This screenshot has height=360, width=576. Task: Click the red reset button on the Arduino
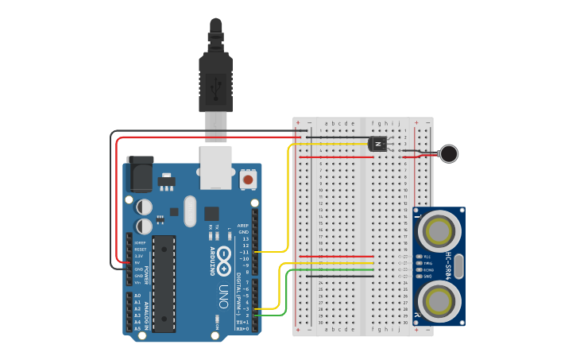[248, 180]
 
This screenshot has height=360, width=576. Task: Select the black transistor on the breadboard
[379, 144]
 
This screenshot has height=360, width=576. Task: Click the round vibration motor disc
[450, 153]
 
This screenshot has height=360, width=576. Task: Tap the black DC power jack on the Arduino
[140, 174]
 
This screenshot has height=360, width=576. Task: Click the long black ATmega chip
[164, 283]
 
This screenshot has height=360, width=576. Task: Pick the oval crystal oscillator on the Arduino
[189, 211]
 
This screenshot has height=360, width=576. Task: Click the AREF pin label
[244, 226]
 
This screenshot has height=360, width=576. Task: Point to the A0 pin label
[137, 296]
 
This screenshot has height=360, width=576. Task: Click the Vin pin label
[138, 282]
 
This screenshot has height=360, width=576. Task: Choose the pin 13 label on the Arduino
[245, 238]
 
